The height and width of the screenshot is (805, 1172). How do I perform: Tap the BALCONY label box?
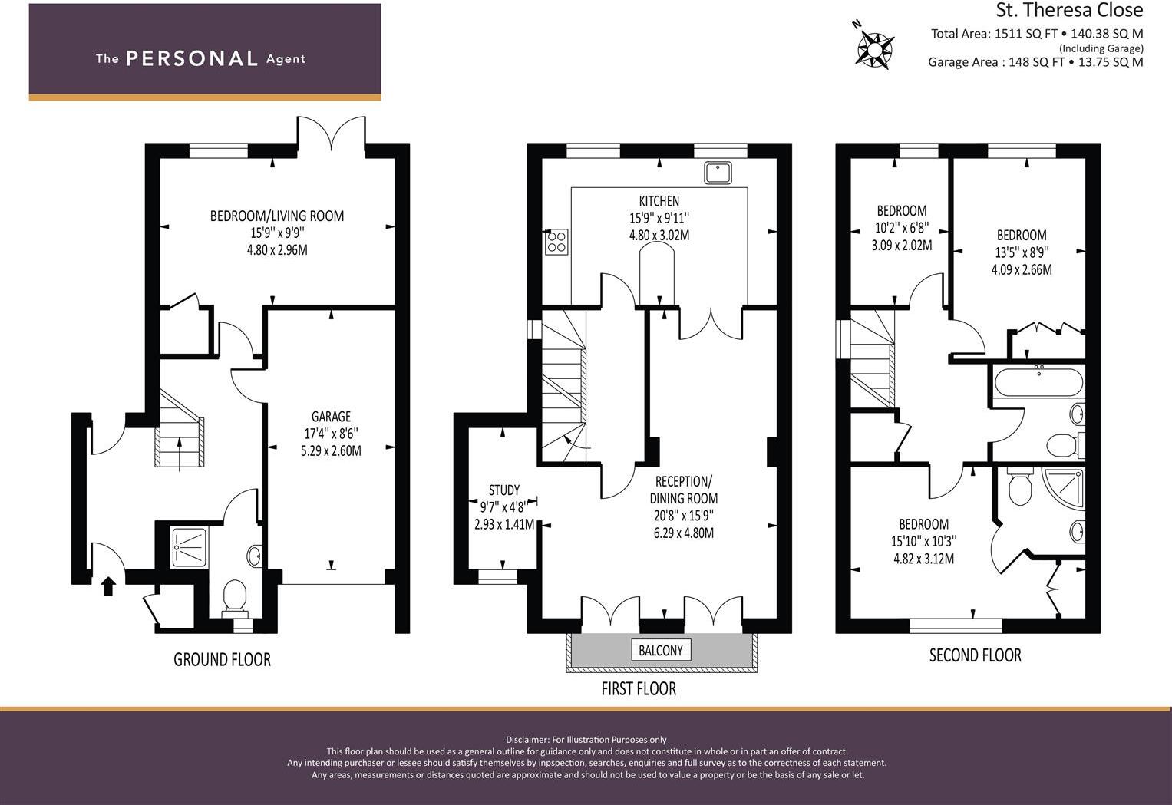(660, 650)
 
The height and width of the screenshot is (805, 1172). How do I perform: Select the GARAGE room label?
(331, 417)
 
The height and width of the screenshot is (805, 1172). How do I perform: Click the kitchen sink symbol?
(718, 173)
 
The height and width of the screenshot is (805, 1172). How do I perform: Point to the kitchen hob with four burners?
(556, 242)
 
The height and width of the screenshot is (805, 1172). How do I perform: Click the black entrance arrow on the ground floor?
(108, 586)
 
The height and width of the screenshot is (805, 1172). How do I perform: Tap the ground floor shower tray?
(185, 546)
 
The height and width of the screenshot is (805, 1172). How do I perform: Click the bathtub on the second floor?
(1038, 381)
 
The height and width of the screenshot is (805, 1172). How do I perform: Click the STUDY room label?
(504, 490)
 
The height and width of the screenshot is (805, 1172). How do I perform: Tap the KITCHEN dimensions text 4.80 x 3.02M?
(659, 236)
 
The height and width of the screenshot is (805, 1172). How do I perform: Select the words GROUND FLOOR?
(222, 659)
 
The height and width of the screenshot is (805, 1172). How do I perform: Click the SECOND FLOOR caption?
(975, 655)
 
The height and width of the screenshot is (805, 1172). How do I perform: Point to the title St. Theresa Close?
(1069, 11)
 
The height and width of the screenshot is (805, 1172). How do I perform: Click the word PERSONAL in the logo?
(191, 58)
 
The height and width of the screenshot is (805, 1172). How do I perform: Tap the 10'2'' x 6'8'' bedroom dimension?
(901, 228)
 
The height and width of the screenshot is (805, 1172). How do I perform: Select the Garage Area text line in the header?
(1035, 62)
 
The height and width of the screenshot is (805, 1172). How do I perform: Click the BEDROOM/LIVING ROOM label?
(277, 216)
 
